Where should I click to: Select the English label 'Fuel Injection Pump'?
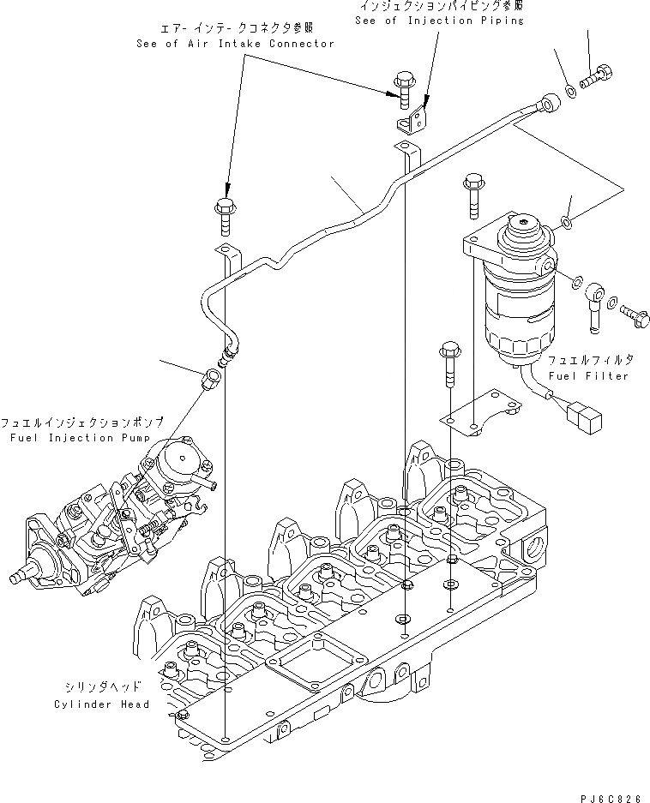click(63, 438)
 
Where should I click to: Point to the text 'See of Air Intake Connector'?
click(235, 44)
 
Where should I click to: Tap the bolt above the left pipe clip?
click(226, 214)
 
